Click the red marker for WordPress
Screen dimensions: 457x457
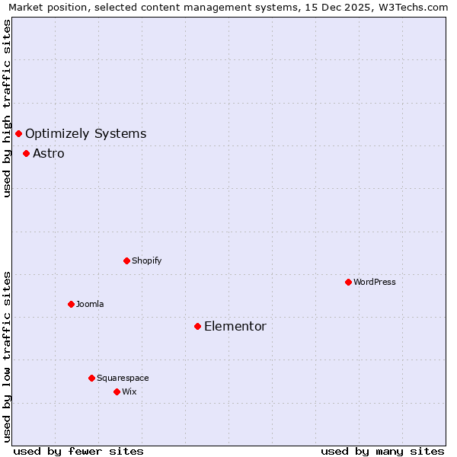point(348,282)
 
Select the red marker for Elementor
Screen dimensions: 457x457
point(197,326)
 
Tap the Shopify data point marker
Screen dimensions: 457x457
point(126,260)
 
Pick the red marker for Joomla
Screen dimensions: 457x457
point(71,304)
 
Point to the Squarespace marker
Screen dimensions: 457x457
point(91,378)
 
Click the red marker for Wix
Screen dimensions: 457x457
point(117,391)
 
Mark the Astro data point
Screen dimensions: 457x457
point(26,153)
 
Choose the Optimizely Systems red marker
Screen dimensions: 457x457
point(18,133)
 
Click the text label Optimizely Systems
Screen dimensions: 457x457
point(85,134)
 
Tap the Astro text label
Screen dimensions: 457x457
point(48,154)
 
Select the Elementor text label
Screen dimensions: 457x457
point(235,327)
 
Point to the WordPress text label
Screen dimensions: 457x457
point(375,282)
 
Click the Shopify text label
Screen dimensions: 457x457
point(146,260)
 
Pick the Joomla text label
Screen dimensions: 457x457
point(90,304)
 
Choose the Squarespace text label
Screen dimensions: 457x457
point(123,378)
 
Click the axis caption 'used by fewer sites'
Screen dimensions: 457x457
point(78,451)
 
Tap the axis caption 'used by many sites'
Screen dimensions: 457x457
point(382,451)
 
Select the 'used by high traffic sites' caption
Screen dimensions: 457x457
point(7,108)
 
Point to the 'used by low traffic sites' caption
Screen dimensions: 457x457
point(7,356)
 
